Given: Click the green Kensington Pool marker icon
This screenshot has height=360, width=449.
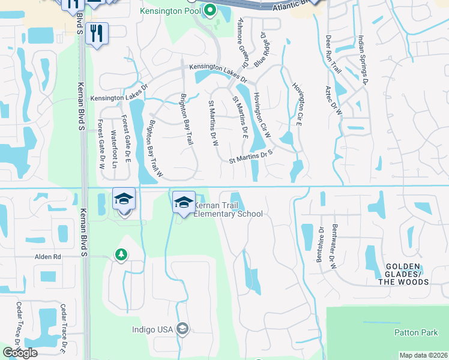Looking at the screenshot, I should [209, 10].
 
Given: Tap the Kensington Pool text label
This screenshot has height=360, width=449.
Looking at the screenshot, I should [171, 11].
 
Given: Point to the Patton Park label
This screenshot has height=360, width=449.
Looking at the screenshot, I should [411, 332].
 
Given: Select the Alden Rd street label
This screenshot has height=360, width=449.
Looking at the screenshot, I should [49, 256].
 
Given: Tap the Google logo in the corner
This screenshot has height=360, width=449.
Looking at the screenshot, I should [20, 353].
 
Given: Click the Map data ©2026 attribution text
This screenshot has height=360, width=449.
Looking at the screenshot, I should [423, 355].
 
